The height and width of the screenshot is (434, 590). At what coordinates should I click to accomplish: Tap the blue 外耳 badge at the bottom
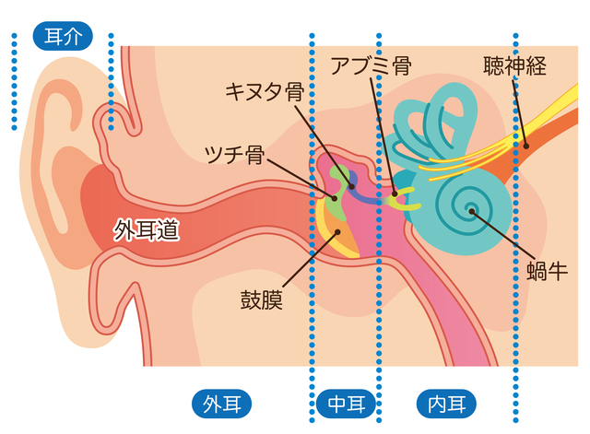(221, 404)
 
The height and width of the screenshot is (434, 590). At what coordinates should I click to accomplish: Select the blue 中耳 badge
(345, 404)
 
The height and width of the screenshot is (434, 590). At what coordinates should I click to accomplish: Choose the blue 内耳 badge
(447, 404)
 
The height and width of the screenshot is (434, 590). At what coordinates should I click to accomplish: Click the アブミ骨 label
(370, 65)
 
